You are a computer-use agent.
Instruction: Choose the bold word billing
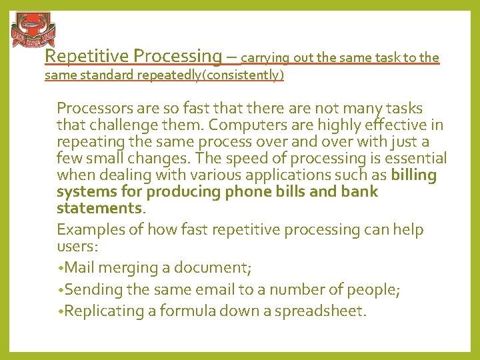coord(414,175)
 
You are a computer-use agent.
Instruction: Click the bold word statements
coord(99,209)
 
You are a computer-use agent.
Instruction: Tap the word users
coord(75,246)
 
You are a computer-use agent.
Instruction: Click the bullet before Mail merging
coord(60,268)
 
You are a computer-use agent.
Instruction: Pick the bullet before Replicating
coord(60,311)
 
